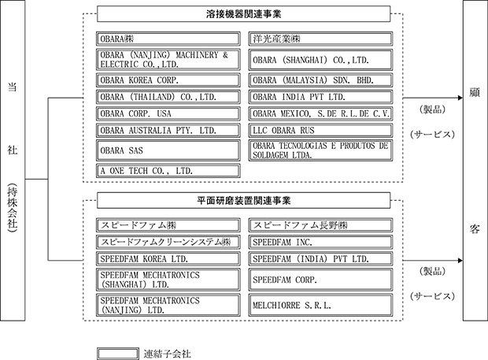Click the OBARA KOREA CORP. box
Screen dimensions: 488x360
[x=168, y=80]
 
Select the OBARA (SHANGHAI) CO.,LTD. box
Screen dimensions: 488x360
[x=320, y=60]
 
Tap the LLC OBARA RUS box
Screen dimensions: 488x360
[x=320, y=131]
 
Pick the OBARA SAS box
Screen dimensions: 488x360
[x=168, y=150]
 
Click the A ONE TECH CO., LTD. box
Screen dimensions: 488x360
[x=168, y=171]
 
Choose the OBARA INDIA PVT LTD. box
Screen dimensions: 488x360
[x=320, y=97]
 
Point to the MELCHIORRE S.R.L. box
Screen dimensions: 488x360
[x=320, y=305]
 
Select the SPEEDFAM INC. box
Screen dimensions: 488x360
[x=320, y=242]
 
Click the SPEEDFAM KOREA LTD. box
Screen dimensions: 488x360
[x=168, y=259]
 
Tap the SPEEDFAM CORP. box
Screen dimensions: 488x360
[x=320, y=280]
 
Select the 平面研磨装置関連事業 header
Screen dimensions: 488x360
[x=244, y=200]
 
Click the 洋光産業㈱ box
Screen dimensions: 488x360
[x=320, y=39]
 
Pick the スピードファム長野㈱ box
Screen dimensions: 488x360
[x=320, y=225]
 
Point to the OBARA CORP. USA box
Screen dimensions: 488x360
[x=168, y=113]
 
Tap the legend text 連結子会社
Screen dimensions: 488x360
[x=167, y=354]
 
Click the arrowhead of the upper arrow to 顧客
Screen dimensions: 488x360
[x=460, y=98]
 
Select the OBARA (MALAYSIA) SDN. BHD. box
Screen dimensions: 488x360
[x=320, y=80]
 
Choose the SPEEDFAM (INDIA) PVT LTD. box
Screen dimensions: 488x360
[x=320, y=259]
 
